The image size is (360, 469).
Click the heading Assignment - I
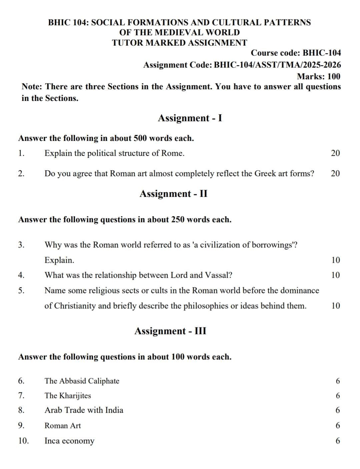click(x=190, y=118)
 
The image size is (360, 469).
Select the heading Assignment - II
click(x=173, y=194)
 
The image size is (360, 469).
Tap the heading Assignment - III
click(x=170, y=331)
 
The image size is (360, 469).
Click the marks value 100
click(x=334, y=77)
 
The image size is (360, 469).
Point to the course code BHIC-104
click(x=322, y=53)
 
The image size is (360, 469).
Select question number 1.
click(x=21, y=154)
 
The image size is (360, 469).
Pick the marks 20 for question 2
click(x=335, y=174)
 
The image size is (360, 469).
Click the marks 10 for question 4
click(x=336, y=275)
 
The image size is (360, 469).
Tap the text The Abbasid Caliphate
click(x=82, y=381)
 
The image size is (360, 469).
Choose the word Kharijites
click(x=75, y=396)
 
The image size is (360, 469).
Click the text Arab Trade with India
click(x=84, y=410)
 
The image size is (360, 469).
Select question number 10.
click(x=23, y=441)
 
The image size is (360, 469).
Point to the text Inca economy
click(x=69, y=441)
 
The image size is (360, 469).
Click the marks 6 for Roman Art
click(x=338, y=426)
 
